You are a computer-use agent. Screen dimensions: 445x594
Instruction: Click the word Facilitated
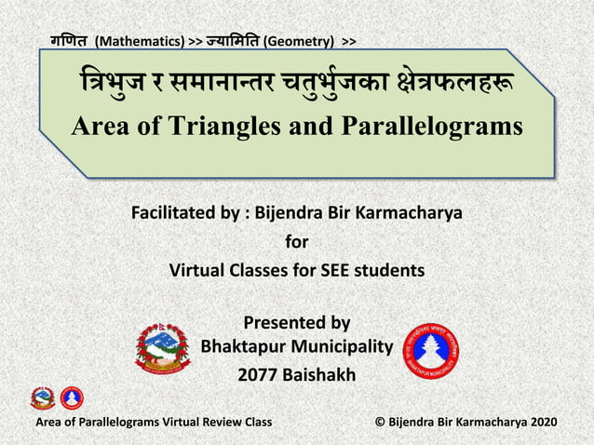click(x=176, y=216)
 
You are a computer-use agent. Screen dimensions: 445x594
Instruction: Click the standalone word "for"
click(x=296, y=243)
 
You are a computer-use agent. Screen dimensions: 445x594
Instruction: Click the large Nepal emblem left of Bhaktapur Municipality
click(x=163, y=347)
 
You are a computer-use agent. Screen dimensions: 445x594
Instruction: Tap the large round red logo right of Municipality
click(x=429, y=350)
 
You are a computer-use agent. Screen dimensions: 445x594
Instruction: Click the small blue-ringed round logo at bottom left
click(x=71, y=398)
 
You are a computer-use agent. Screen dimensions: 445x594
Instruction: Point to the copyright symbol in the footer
click(x=380, y=422)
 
